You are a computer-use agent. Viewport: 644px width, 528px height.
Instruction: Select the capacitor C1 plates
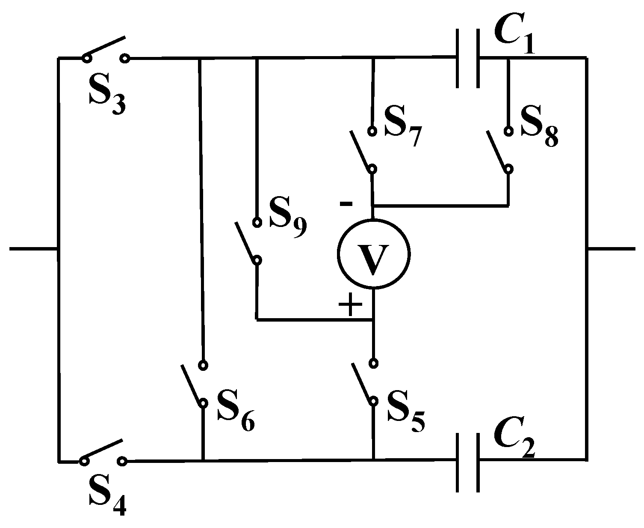point(468,59)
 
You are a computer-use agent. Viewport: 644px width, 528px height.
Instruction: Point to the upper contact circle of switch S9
point(257,222)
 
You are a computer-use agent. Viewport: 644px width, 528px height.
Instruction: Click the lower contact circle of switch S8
point(508,169)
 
